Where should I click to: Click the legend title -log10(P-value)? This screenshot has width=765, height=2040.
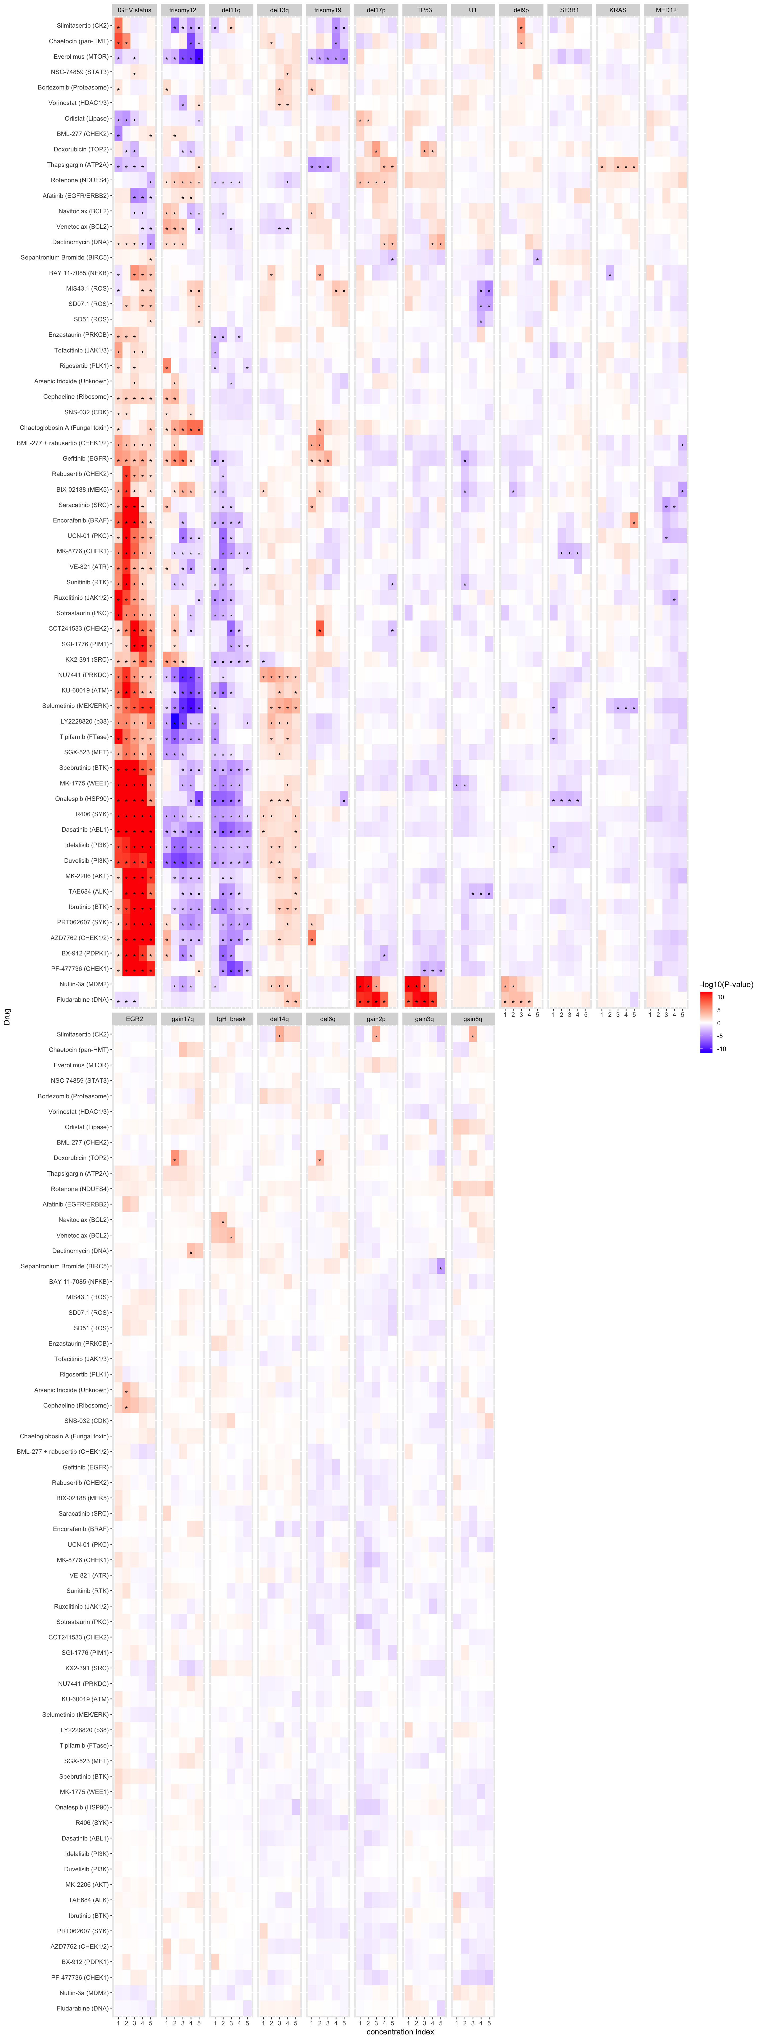726,984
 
